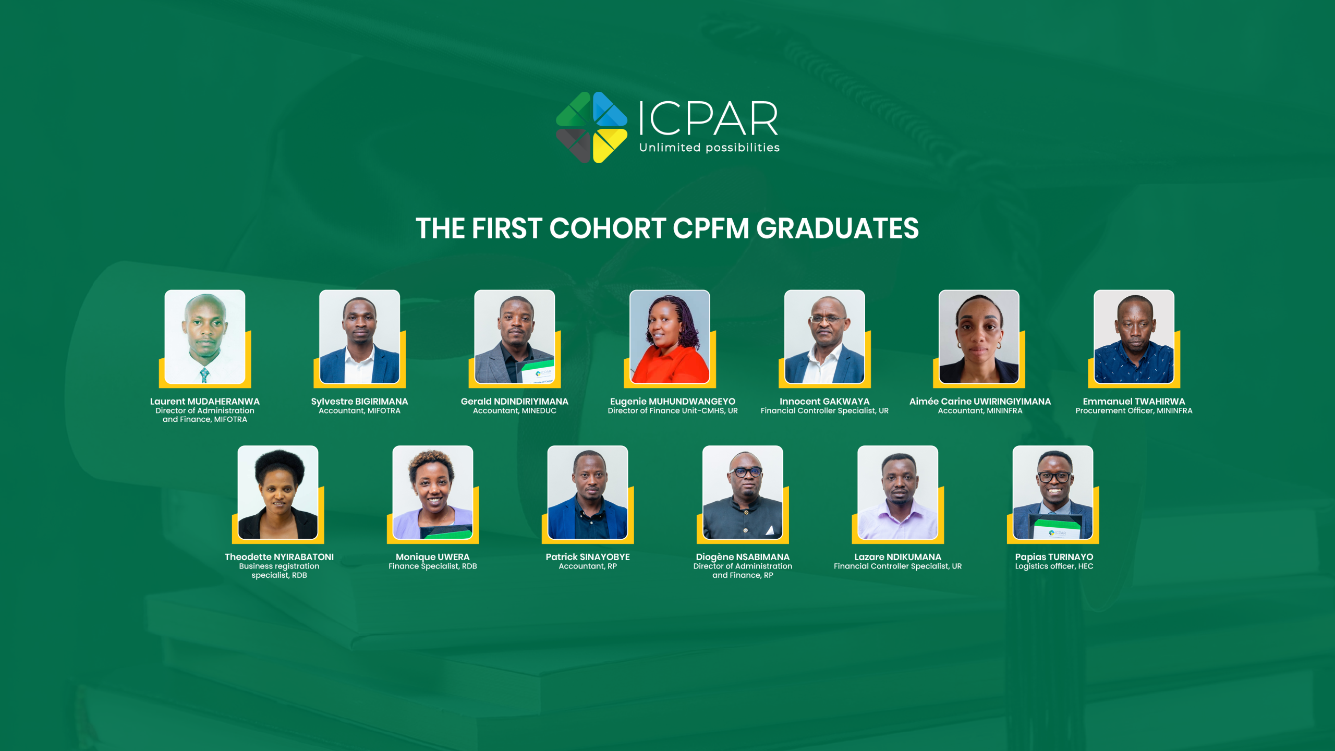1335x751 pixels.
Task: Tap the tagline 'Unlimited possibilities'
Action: pos(709,148)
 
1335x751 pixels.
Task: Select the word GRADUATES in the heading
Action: pos(838,228)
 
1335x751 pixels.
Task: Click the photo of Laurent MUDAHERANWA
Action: pos(205,337)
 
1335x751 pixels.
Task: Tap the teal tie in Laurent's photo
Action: pos(204,374)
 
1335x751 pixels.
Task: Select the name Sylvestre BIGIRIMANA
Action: pos(359,402)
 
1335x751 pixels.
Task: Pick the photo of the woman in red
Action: pos(670,337)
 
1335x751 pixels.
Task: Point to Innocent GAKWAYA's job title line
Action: pos(824,411)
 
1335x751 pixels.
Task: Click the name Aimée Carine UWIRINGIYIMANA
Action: pos(980,402)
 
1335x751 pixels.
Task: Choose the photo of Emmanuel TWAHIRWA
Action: pos(1134,337)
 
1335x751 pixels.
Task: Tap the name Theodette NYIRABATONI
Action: pos(279,557)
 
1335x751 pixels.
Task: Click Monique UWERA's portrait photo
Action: pos(433,492)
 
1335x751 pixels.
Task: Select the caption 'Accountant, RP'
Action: pos(588,566)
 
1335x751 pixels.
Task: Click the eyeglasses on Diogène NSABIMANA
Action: pos(747,473)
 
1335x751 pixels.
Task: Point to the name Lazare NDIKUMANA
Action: pos(898,557)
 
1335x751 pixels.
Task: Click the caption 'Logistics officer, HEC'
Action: pos(1054,566)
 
